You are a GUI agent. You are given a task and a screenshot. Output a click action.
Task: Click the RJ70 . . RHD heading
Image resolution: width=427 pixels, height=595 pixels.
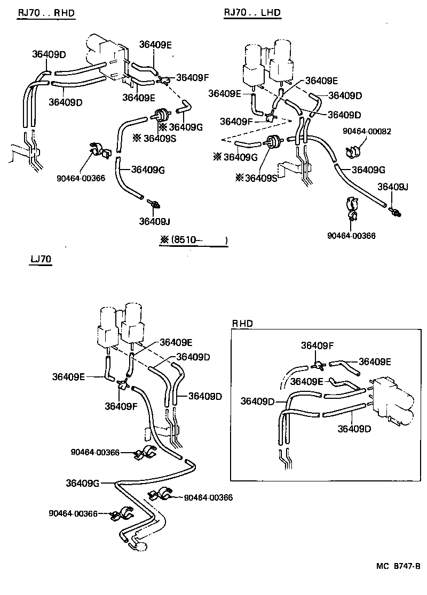click(46, 12)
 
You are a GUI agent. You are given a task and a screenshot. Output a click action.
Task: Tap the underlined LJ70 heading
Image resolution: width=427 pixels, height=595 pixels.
click(41, 260)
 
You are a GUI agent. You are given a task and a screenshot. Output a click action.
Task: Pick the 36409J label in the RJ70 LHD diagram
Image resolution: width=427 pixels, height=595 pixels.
click(393, 187)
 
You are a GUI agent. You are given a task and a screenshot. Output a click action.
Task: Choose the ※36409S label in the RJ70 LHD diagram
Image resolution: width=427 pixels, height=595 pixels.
click(257, 178)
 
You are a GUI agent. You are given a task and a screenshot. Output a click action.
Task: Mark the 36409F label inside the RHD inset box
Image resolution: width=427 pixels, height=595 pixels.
click(317, 345)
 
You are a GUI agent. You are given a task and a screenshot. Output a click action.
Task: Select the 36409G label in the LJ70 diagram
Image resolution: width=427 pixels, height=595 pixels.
click(82, 483)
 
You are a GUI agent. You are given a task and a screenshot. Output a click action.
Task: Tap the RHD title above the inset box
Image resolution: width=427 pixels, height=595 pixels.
click(242, 323)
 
